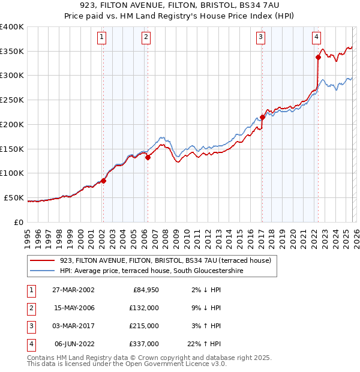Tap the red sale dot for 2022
click(318, 58)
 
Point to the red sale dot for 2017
click(262, 117)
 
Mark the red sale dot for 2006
click(148, 157)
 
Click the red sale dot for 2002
click(103, 181)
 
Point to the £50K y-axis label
click(14, 197)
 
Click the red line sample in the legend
click(42, 260)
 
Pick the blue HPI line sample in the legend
click(42, 271)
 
